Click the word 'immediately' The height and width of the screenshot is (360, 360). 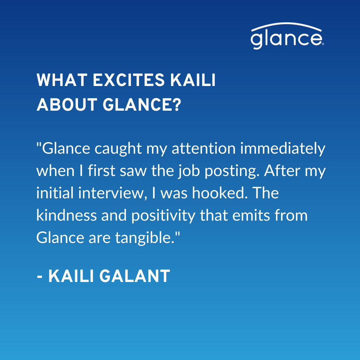(x=283, y=149)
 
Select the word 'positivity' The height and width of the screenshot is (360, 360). (x=163, y=216)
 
